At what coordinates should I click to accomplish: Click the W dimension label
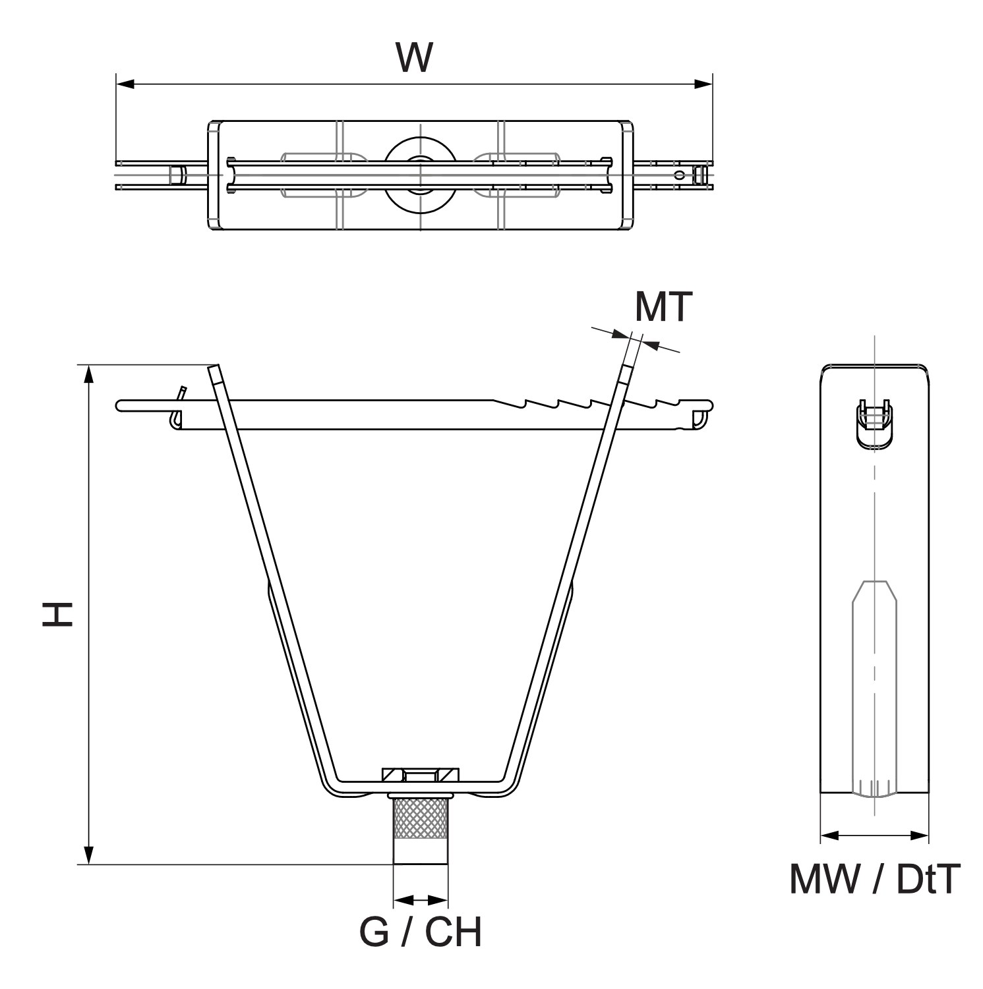pyautogui.click(x=414, y=57)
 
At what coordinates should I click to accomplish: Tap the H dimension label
pyautogui.click(x=57, y=613)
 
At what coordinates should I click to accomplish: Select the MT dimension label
pyautogui.click(x=663, y=306)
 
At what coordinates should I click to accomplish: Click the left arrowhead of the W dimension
pyautogui.click(x=125, y=84)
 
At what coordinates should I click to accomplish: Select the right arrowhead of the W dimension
pyautogui.click(x=703, y=84)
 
